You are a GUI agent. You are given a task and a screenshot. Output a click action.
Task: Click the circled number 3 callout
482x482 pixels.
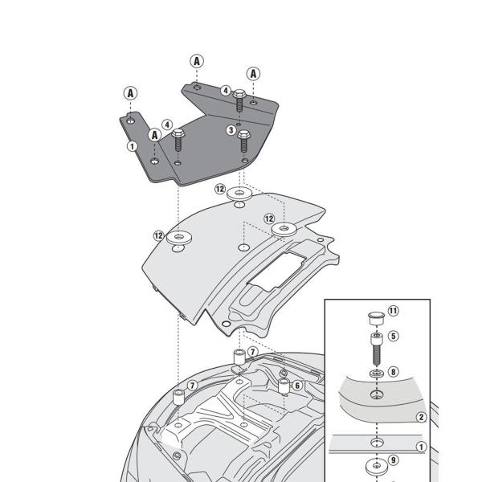(231, 130)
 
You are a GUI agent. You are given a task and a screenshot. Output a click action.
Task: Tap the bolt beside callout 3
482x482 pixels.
(244, 143)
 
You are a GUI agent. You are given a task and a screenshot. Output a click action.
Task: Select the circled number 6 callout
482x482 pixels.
(297, 386)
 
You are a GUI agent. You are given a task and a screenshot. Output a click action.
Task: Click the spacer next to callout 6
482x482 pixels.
(284, 386)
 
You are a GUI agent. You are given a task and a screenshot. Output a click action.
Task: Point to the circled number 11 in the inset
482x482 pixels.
(393, 311)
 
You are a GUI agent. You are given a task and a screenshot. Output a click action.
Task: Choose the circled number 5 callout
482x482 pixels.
(393, 336)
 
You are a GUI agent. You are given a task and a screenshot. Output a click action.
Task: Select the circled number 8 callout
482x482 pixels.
(393, 372)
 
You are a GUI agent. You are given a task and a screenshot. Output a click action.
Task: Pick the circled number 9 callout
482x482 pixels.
(393, 461)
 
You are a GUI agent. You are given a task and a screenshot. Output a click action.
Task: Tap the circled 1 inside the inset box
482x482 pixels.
(419, 445)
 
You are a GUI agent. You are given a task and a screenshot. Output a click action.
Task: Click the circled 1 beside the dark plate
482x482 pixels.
(131, 146)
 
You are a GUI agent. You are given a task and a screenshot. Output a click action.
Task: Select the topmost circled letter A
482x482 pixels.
(195, 60)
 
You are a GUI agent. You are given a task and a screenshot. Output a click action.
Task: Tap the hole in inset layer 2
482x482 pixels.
(374, 395)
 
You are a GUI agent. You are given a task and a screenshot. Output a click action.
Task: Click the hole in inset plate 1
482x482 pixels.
(374, 442)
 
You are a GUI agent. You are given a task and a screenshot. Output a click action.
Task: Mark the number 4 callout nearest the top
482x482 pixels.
(226, 91)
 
